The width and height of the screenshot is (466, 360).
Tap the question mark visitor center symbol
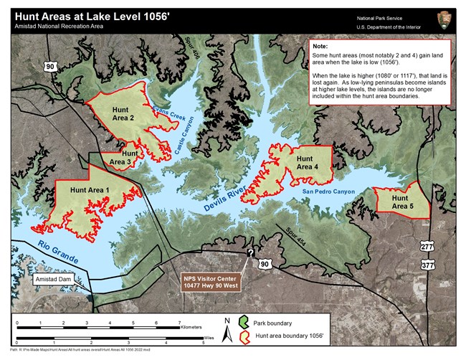click(250, 253)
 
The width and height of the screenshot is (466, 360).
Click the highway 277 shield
click(427, 247)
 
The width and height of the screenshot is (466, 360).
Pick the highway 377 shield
click(427, 265)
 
